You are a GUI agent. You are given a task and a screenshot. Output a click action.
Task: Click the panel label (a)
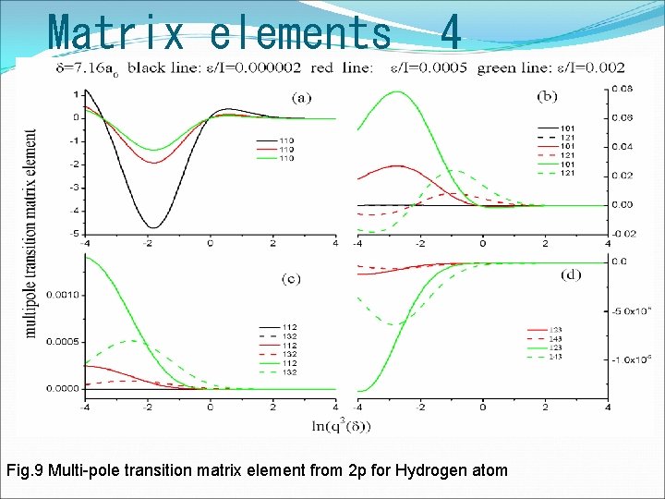tap(302, 95)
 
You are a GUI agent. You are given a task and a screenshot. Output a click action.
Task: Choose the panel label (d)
tap(570, 274)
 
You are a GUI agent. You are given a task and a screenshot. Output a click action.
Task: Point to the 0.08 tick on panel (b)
tap(622, 90)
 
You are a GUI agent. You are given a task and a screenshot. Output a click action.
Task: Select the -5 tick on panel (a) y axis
tap(72, 234)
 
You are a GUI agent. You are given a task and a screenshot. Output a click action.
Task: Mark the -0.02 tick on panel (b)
tap(623, 233)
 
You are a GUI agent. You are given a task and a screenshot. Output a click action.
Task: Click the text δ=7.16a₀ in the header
tap(57, 67)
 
